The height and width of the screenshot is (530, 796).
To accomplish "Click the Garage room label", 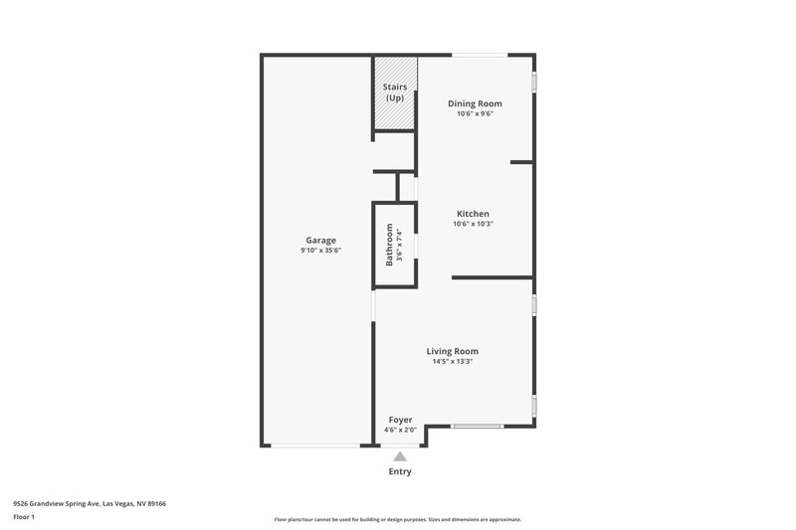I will (320, 240).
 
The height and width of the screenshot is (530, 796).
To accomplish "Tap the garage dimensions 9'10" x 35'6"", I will (320, 251).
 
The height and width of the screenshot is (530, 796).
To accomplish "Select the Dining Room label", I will (475, 103).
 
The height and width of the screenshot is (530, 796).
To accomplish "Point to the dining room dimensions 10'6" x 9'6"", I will (475, 114).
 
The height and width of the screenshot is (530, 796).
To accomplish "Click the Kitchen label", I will (473, 214).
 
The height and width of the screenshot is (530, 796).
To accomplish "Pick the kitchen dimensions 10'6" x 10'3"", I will (473, 225).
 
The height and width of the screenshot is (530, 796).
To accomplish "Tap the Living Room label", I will (453, 351).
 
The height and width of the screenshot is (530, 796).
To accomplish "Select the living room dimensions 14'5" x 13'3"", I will (453, 362).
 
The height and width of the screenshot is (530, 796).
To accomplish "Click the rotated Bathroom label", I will (390, 245).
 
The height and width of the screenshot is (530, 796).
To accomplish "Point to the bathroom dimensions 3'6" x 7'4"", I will (400, 245).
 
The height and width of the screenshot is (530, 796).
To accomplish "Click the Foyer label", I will (400, 420).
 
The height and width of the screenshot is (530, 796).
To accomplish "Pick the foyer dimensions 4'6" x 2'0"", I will (400, 431).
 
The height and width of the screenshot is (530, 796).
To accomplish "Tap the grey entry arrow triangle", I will (400, 455).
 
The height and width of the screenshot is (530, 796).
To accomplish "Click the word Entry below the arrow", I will (400, 471).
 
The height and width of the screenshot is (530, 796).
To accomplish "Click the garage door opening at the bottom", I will (316, 445).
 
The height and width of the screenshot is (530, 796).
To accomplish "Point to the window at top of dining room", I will (479, 55).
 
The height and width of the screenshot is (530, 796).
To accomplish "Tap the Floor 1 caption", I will (24, 518).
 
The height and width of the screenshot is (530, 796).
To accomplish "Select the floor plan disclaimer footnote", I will (397, 519).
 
